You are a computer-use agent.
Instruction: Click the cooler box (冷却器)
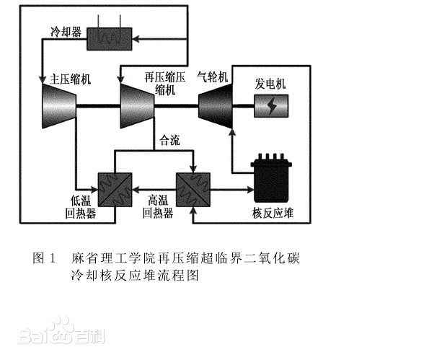pyautogui.click(x=109, y=39)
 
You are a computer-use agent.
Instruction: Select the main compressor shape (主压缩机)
pyautogui.click(x=59, y=106)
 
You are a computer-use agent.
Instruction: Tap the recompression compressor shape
pyautogui.click(x=137, y=106)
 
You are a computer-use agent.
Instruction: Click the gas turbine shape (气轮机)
pyautogui.click(x=216, y=106)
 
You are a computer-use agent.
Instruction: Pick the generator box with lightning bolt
pyautogui.click(x=271, y=106)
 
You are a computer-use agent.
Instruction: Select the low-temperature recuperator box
pyautogui.click(x=115, y=190)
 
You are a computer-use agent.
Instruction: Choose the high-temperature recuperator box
pyautogui.click(x=193, y=190)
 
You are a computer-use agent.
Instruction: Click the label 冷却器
pyautogui.click(x=66, y=32)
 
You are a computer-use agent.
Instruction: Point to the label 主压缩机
pyautogui.click(x=71, y=79)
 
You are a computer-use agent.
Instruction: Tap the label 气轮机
pyautogui.click(x=213, y=76)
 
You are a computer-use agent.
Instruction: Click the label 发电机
pyautogui.click(x=270, y=84)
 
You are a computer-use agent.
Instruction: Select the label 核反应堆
pyautogui.click(x=273, y=213)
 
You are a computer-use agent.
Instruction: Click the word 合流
pyautogui.click(x=169, y=140)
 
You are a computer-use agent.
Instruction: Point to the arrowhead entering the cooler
pyautogui.click(x=136, y=39)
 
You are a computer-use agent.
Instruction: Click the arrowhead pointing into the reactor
pyautogui.click(x=251, y=190)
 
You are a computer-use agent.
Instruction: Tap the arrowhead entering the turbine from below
pyautogui.click(x=232, y=132)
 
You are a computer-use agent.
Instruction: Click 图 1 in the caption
pyautogui.click(x=44, y=258)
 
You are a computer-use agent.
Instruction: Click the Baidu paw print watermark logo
pyautogui.click(x=60, y=330)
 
